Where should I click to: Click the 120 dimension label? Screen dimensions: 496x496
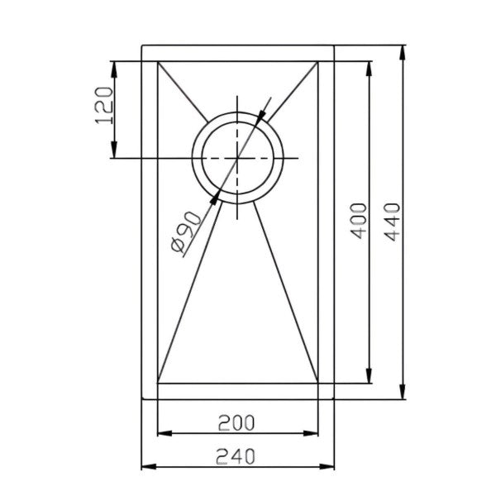(103, 105)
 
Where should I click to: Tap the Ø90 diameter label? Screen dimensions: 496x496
(184, 234)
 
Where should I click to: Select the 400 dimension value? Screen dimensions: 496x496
(358, 220)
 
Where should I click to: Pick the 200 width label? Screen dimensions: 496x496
(236, 422)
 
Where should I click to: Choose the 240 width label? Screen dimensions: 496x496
(236, 454)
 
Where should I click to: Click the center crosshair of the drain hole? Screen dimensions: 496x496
(237, 158)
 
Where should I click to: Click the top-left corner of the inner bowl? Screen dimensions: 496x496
(156, 61)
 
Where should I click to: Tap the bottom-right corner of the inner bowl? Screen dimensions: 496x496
(320, 383)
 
